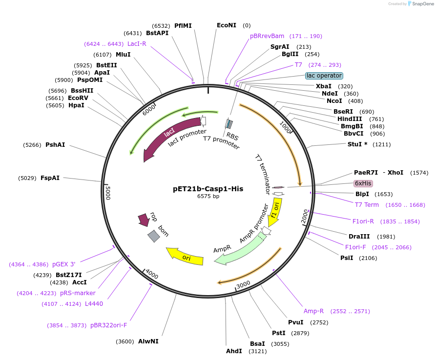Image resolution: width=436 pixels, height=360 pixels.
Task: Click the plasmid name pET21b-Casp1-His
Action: pos(208,189)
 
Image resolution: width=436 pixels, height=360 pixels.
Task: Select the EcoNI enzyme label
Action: pos(227,25)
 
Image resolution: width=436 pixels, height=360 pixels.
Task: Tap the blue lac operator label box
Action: pos(324,76)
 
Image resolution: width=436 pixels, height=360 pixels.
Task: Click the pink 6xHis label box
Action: pos(363,183)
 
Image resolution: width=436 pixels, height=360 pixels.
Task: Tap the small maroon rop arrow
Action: pos(144,220)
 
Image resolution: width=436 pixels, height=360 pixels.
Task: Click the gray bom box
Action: pos(154,236)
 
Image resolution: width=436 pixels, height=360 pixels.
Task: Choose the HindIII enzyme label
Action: pos(350,119)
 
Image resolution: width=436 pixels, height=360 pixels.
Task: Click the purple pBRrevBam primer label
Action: pos(267,36)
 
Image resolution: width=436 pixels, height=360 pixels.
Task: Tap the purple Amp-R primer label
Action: pos(313,311)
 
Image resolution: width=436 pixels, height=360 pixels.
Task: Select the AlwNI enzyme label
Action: pos(148,341)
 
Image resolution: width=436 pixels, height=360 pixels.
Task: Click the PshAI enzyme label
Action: pos(55,145)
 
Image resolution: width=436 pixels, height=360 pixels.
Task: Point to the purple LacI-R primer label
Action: pos(137,44)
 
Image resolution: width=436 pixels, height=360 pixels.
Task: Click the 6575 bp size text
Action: pos(208,197)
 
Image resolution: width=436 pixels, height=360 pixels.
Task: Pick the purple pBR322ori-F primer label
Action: pos(108,325)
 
